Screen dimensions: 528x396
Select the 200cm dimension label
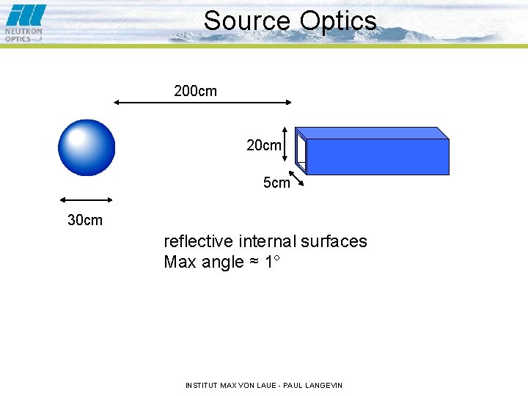(x=195, y=92)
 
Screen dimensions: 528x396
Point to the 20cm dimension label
(x=263, y=146)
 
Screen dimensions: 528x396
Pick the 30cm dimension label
(x=85, y=220)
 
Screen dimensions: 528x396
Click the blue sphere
(x=87, y=148)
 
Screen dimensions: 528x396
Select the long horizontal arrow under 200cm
(x=202, y=103)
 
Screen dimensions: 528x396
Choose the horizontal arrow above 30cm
(x=86, y=199)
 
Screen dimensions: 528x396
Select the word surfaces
(x=335, y=241)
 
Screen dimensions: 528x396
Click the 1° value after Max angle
(x=272, y=262)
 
